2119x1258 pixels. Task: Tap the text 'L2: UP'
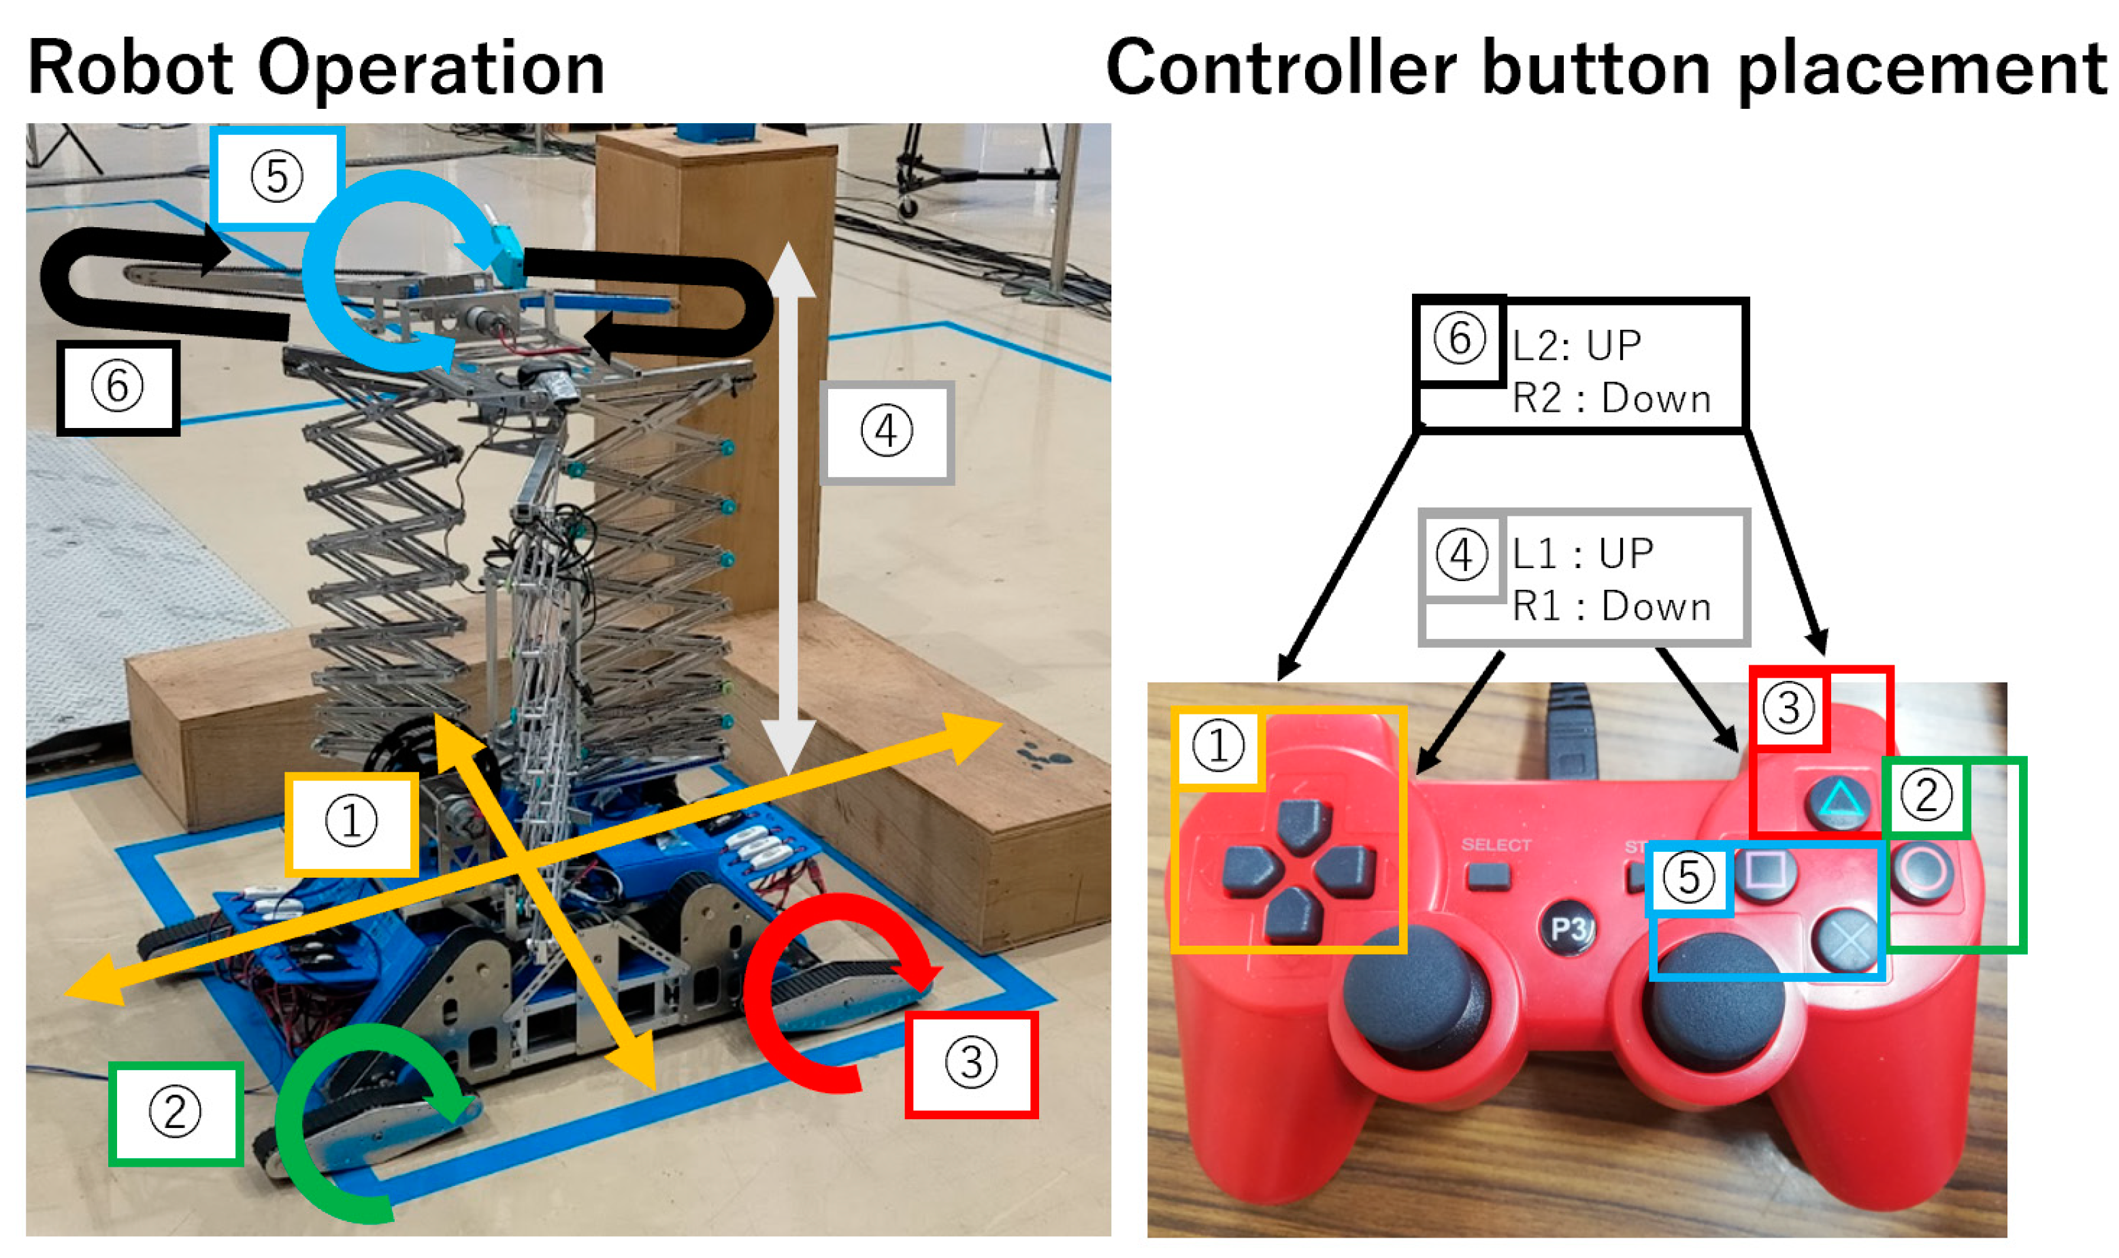1577,346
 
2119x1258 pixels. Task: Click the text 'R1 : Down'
1611,607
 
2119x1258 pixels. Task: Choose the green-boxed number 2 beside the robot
176,1112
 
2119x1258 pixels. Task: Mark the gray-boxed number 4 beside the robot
887,431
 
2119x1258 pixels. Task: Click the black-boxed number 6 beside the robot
117,387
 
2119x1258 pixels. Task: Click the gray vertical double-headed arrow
788,509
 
